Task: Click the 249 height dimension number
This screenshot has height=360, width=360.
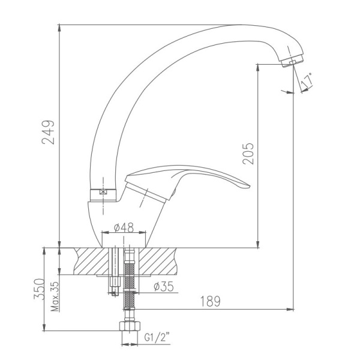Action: click(x=48, y=132)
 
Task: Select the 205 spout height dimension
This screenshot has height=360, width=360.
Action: click(x=248, y=154)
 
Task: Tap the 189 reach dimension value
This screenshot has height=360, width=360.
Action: click(x=211, y=301)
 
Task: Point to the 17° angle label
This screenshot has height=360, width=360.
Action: click(x=307, y=80)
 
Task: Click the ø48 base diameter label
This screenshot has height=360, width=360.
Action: click(x=124, y=227)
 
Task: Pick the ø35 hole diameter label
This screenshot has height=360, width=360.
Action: click(x=164, y=286)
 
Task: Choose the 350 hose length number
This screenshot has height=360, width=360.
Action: click(x=39, y=289)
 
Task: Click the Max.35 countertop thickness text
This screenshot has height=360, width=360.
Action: click(x=55, y=296)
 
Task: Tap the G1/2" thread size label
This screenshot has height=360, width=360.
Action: click(x=157, y=337)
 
